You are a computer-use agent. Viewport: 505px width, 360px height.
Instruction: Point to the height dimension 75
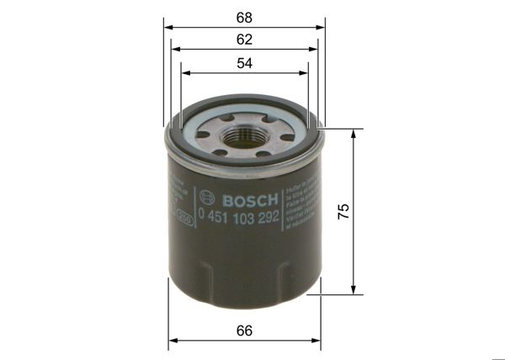tap(343, 211)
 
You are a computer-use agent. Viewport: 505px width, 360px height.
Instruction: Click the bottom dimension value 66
tap(244, 331)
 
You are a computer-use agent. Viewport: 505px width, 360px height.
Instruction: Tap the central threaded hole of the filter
tap(245, 133)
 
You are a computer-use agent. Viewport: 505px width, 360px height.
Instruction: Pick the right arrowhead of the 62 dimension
tap(316, 50)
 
